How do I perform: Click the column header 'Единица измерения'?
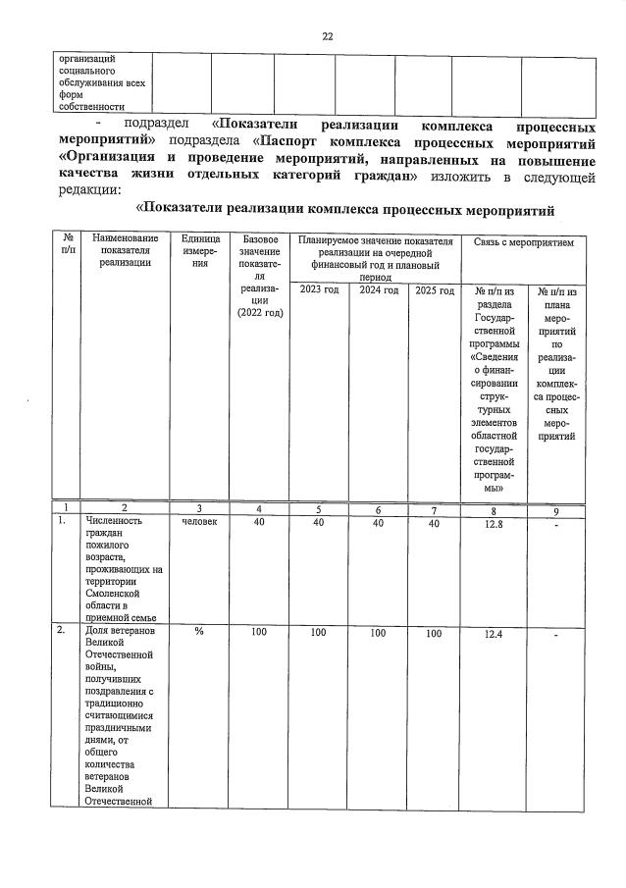click(199, 252)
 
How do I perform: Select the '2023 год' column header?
click(318, 290)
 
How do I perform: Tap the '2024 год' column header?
click(378, 290)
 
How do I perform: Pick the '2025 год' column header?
click(434, 290)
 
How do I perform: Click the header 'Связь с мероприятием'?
click(529, 240)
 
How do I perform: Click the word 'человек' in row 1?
click(199, 523)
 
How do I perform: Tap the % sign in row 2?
click(199, 633)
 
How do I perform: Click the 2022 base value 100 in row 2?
click(258, 633)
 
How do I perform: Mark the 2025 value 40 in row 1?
click(434, 523)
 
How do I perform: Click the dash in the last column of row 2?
click(556, 637)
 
